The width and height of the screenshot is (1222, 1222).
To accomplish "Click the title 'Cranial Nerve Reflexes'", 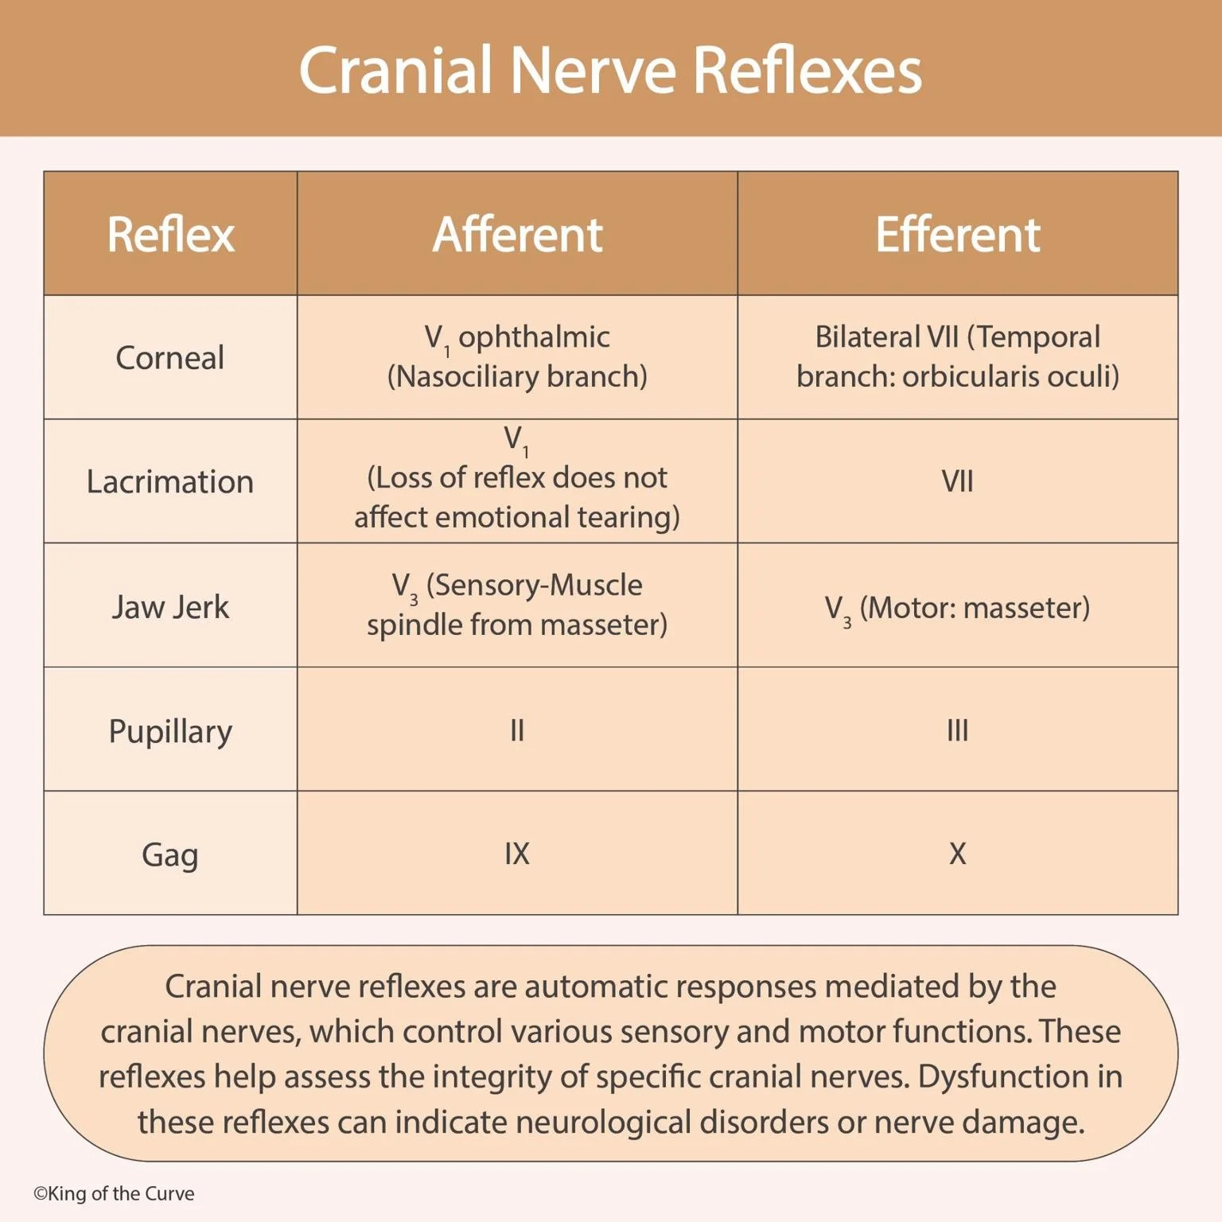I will point(610,70).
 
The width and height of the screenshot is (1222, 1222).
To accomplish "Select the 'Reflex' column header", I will point(170,234).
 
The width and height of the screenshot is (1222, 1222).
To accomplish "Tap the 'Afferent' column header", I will point(517,234).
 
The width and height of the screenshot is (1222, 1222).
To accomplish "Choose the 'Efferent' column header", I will point(957,234).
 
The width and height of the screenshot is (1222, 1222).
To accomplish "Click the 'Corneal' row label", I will point(169,358).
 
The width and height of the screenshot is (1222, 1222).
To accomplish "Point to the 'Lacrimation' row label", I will point(169,482).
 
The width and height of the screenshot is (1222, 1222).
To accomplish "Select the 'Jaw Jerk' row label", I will point(169,607).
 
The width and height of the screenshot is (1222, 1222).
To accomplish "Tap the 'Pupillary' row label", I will point(169,731).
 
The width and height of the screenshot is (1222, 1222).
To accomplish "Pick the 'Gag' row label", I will point(169,855).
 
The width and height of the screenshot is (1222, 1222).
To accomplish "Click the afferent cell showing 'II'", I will point(517,730).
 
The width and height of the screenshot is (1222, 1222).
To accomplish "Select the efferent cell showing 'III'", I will point(957,730).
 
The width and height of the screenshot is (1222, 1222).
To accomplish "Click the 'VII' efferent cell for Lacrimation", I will point(957,481).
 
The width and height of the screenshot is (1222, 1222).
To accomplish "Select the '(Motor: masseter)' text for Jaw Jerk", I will point(975,608).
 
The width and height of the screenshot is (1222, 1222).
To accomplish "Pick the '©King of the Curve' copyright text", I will point(114,1193).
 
